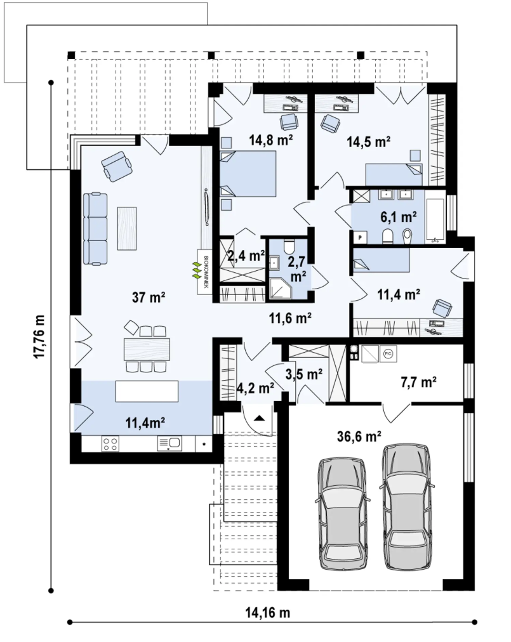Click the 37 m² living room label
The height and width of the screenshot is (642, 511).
[149, 297]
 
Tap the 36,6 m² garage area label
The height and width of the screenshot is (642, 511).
[359, 436]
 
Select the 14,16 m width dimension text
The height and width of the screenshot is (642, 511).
[268, 613]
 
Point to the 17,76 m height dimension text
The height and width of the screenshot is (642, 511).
[39, 337]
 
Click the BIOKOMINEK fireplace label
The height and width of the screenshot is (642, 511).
[206, 272]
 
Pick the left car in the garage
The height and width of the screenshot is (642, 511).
[343, 514]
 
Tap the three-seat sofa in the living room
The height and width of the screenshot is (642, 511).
[95, 228]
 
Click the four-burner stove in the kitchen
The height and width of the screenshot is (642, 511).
[110, 443]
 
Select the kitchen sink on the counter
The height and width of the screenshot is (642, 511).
[169, 443]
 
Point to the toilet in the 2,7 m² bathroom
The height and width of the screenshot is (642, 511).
[289, 247]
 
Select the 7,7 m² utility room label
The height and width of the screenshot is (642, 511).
[418, 382]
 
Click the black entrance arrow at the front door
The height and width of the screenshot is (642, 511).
[260, 417]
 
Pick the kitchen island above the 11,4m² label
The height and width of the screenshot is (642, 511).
[147, 391]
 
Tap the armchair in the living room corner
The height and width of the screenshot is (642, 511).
[117, 166]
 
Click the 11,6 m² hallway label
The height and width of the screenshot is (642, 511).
[290, 318]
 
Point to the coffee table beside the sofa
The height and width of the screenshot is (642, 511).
[127, 228]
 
